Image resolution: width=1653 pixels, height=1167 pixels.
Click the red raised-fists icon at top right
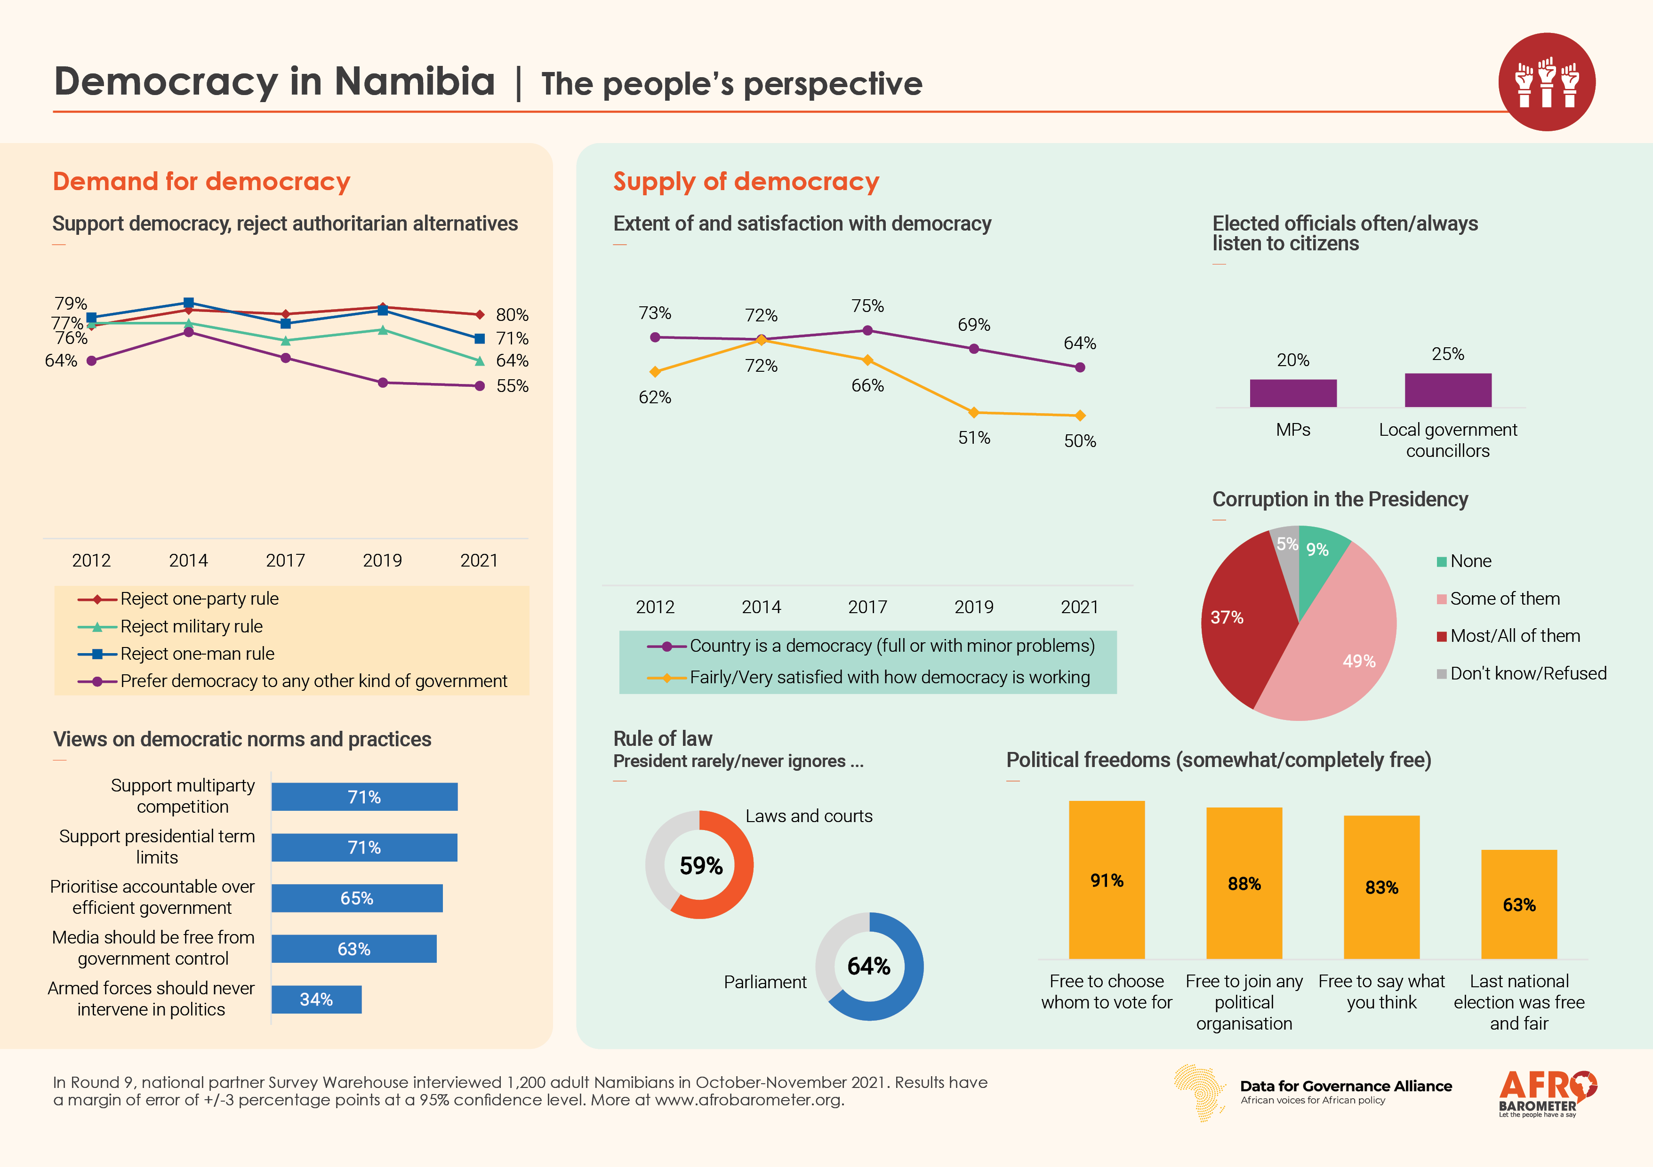[x=1547, y=81]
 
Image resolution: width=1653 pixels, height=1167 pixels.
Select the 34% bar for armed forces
[x=316, y=999]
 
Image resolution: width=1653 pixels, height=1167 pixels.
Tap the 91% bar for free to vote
[x=1107, y=880]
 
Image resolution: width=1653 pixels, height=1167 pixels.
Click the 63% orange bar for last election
[x=1519, y=904]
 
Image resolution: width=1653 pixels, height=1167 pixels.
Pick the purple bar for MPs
[x=1293, y=393]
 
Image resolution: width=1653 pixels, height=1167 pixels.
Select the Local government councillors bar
[x=1448, y=390]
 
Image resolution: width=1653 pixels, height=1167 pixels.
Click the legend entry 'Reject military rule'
[x=191, y=626]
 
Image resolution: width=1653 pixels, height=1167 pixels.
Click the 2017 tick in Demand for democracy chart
[x=285, y=560]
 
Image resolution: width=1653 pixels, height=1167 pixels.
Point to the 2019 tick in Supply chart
[x=973, y=607]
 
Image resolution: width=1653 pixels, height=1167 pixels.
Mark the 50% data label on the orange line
[x=1080, y=440]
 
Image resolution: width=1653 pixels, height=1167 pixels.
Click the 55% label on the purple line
[x=512, y=386]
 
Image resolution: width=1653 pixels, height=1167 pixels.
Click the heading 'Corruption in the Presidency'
[x=1340, y=499]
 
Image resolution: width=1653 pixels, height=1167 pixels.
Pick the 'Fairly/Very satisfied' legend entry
[x=889, y=678]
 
